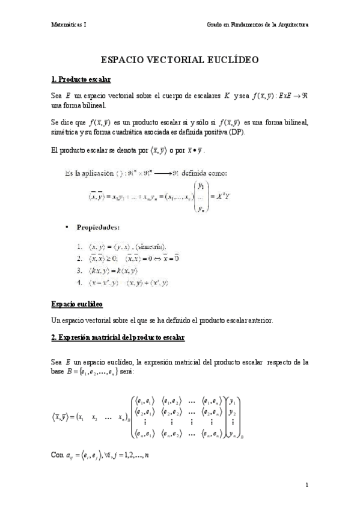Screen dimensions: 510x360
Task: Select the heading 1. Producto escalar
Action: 81,79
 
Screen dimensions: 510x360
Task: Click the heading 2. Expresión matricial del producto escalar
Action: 118,337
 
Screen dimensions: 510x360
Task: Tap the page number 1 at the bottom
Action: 307,485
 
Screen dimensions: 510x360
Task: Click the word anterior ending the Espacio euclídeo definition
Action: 260,321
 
